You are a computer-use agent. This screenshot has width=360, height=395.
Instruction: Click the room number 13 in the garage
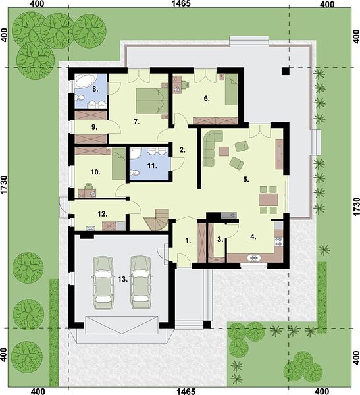pos(123,279)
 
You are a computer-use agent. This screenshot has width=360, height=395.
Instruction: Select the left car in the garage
pos(103,282)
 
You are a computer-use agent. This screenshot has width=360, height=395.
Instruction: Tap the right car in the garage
pos(141,282)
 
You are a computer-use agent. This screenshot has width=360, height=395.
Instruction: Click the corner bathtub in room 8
pos(85,80)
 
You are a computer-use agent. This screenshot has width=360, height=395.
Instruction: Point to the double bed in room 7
pos(152,101)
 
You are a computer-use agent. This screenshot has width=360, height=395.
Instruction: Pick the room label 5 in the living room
pos(246,180)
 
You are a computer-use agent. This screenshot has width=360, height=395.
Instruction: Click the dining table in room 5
pos(269,199)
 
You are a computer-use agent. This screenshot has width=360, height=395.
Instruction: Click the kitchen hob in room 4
pos(278,242)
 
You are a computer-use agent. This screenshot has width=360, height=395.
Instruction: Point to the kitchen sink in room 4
pos(254,258)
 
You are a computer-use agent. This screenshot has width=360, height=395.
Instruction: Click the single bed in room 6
pos(232,90)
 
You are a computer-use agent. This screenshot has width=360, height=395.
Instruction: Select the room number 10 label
pos(95,172)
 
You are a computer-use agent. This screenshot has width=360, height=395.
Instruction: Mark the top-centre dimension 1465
pos(181,3)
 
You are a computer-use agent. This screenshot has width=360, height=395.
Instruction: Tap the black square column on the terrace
pos(286,71)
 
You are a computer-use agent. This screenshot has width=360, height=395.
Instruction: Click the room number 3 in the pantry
pos(220,240)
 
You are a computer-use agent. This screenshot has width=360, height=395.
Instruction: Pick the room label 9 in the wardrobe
pos(95,128)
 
